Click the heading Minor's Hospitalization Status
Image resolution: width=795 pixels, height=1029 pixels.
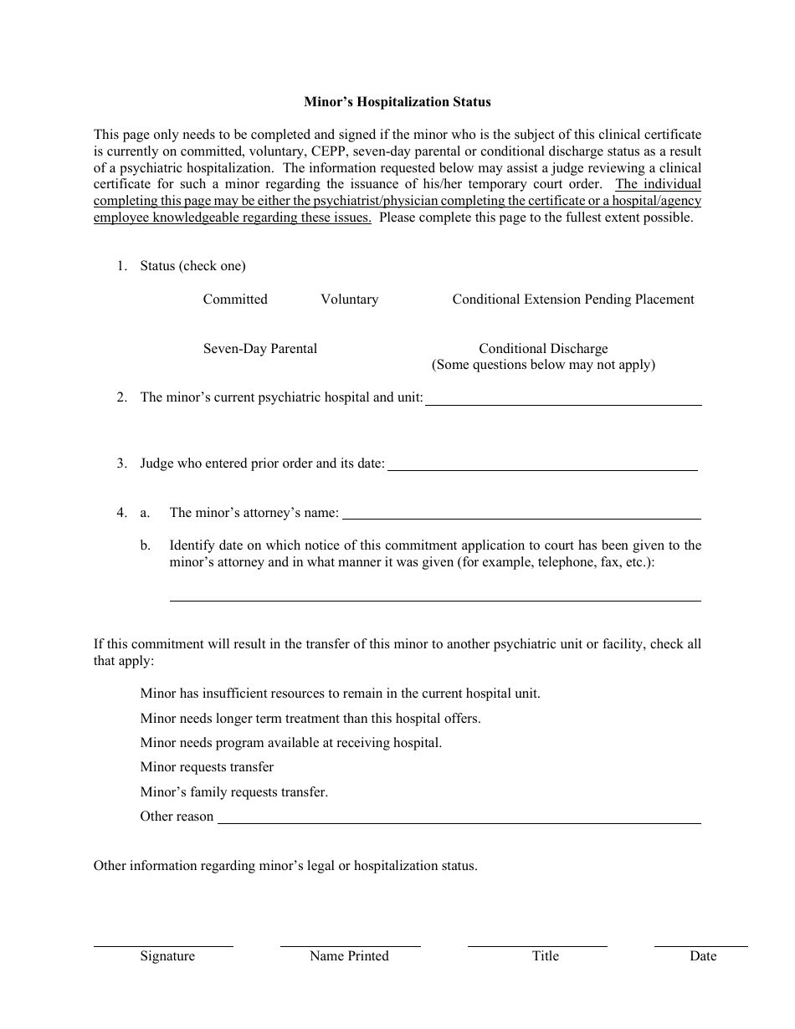pyautogui.click(x=397, y=102)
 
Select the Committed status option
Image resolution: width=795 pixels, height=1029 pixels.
pyautogui.click(x=235, y=299)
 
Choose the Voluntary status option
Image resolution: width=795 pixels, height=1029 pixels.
pyautogui.click(x=349, y=299)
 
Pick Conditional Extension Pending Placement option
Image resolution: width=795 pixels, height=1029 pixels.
pyautogui.click(x=573, y=299)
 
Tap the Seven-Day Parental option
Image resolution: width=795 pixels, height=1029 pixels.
pyautogui.click(x=259, y=349)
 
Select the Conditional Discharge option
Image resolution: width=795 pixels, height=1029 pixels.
pyautogui.click(x=543, y=349)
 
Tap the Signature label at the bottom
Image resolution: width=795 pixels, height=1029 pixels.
pyautogui.click(x=167, y=956)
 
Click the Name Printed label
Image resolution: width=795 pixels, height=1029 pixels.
pyautogui.click(x=349, y=956)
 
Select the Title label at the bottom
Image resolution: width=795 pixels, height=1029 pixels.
pyautogui.click(x=545, y=956)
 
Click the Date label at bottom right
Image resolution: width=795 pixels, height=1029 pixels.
pyautogui.click(x=703, y=956)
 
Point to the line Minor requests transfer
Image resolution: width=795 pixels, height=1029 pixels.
pyautogui.click(x=207, y=767)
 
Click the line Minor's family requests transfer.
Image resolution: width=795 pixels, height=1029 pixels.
pyautogui.click(x=233, y=791)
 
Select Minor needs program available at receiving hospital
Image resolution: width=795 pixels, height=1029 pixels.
pyautogui.click(x=290, y=743)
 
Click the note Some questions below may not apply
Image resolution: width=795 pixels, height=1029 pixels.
pyautogui.click(x=543, y=365)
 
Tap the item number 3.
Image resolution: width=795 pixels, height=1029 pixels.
pyautogui.click(x=121, y=463)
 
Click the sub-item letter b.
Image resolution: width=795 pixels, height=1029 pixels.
pyautogui.click(x=145, y=545)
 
